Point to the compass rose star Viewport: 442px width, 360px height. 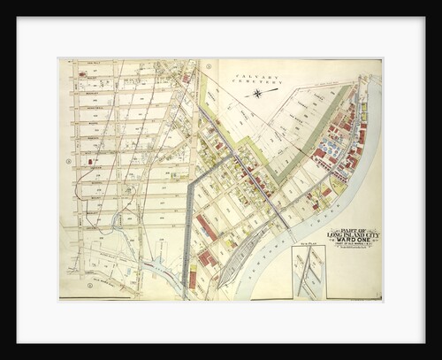click(x=257, y=92)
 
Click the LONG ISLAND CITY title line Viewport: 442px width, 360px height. click(x=349, y=234)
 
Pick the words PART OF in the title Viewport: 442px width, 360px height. click(x=349, y=227)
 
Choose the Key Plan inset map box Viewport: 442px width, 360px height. click(x=309, y=271)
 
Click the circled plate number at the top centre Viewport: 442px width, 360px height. click(x=208, y=65)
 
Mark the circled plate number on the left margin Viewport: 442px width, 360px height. click(x=68, y=161)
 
